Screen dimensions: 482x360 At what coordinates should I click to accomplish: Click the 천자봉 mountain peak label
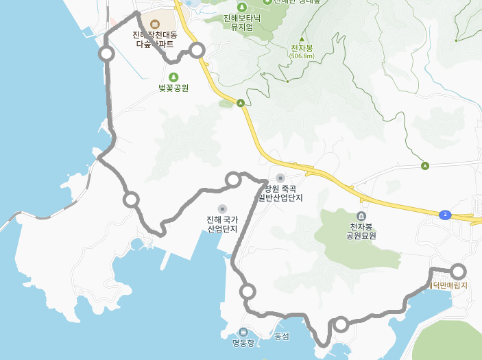tap(302, 48)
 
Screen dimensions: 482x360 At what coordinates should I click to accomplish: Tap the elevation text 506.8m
tap(302, 56)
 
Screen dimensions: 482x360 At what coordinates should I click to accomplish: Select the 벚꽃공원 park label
tap(173, 88)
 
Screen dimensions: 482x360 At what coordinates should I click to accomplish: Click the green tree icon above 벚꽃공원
tap(173, 77)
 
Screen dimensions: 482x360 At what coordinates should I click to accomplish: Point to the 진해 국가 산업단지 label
tap(222, 224)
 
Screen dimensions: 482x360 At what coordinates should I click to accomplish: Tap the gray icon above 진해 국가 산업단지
tap(222, 208)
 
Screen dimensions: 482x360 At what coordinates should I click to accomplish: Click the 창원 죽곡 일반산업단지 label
tap(280, 193)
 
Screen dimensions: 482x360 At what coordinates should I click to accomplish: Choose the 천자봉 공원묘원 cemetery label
tap(361, 231)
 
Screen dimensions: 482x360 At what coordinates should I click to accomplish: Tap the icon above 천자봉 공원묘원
tap(361, 215)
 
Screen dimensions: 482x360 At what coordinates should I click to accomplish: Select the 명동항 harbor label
tap(243, 343)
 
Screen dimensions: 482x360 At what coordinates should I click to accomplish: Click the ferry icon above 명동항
tap(243, 332)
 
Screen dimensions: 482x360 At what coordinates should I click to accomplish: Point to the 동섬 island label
tap(282, 336)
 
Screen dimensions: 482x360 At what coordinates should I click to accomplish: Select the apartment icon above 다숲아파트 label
tap(154, 24)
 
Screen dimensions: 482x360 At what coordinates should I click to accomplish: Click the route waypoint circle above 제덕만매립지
tap(458, 271)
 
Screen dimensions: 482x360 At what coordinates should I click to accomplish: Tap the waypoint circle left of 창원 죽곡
tap(233, 180)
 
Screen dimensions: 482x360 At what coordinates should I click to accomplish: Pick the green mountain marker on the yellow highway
tap(241, 104)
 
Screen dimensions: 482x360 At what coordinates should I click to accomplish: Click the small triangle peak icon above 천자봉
tap(302, 39)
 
